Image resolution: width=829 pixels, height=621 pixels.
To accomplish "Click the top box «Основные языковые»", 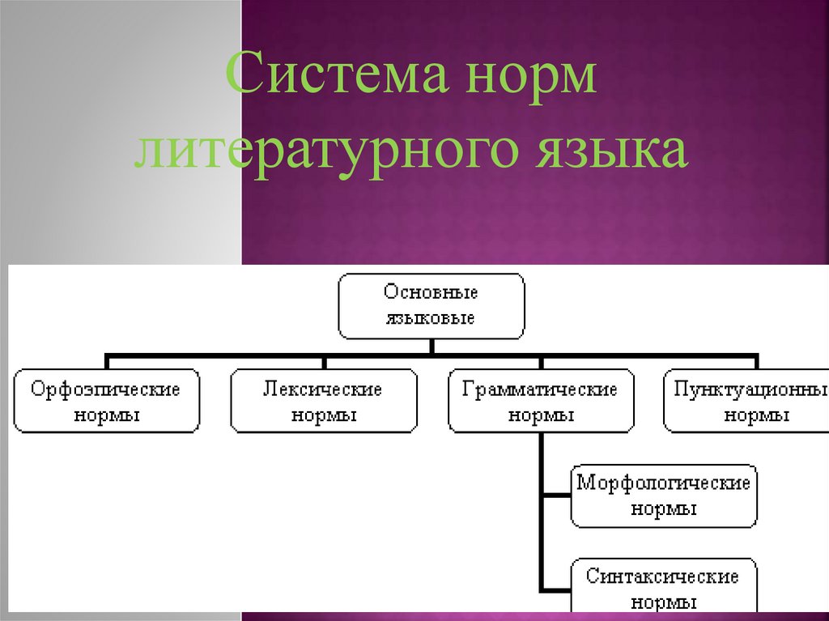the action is (x=431, y=305).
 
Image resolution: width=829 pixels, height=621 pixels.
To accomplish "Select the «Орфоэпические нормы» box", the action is (x=106, y=402).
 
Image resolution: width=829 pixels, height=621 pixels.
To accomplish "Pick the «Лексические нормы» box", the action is (x=324, y=402).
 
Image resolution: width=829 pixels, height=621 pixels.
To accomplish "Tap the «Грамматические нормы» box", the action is (x=541, y=402).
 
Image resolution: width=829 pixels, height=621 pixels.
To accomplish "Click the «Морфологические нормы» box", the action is (x=664, y=496).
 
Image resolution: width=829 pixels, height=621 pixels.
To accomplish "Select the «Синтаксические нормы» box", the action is (x=664, y=588).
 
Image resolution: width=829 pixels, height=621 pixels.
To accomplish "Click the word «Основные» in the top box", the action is (x=431, y=292).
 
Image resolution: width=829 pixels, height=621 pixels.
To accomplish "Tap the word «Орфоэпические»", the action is (x=106, y=389).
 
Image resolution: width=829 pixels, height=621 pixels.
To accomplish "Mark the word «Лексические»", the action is (x=323, y=389).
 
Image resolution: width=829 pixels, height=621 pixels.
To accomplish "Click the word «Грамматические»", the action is (x=541, y=389).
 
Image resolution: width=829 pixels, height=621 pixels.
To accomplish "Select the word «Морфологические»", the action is (x=664, y=483).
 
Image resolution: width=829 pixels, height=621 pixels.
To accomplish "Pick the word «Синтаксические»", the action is (x=664, y=576).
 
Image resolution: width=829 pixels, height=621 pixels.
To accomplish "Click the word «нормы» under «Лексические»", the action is (x=324, y=415).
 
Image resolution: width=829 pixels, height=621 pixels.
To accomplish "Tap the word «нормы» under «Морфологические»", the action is (x=664, y=509).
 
